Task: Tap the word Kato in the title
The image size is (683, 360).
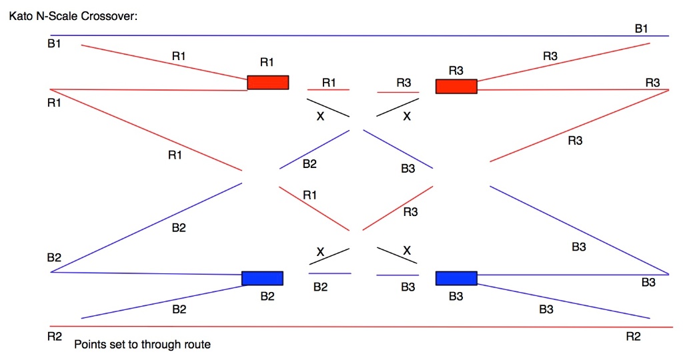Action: click(x=21, y=16)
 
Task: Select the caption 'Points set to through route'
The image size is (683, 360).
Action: click(x=142, y=345)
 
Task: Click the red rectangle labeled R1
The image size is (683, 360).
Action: click(x=268, y=82)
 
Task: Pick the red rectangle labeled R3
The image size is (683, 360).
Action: click(x=456, y=87)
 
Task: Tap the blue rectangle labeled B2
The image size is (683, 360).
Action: click(x=262, y=278)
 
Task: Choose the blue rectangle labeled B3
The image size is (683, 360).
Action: click(x=456, y=278)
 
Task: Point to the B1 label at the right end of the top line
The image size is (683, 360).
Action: click(x=641, y=28)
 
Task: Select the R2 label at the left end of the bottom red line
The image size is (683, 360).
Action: click(x=55, y=337)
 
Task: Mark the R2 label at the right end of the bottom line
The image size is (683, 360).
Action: click(x=633, y=337)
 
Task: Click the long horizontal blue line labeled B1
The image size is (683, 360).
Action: click(x=360, y=35)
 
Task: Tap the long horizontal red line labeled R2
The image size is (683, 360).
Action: click(x=360, y=327)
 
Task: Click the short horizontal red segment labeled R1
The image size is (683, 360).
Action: click(x=328, y=89)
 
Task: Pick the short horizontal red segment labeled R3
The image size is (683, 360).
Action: click(x=398, y=93)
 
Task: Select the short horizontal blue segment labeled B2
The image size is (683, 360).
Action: click(x=329, y=273)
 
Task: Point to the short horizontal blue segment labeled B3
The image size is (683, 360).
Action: click(x=398, y=275)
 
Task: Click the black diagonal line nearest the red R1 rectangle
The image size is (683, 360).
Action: click(x=328, y=108)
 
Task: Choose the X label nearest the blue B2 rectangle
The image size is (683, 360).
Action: click(x=320, y=252)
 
